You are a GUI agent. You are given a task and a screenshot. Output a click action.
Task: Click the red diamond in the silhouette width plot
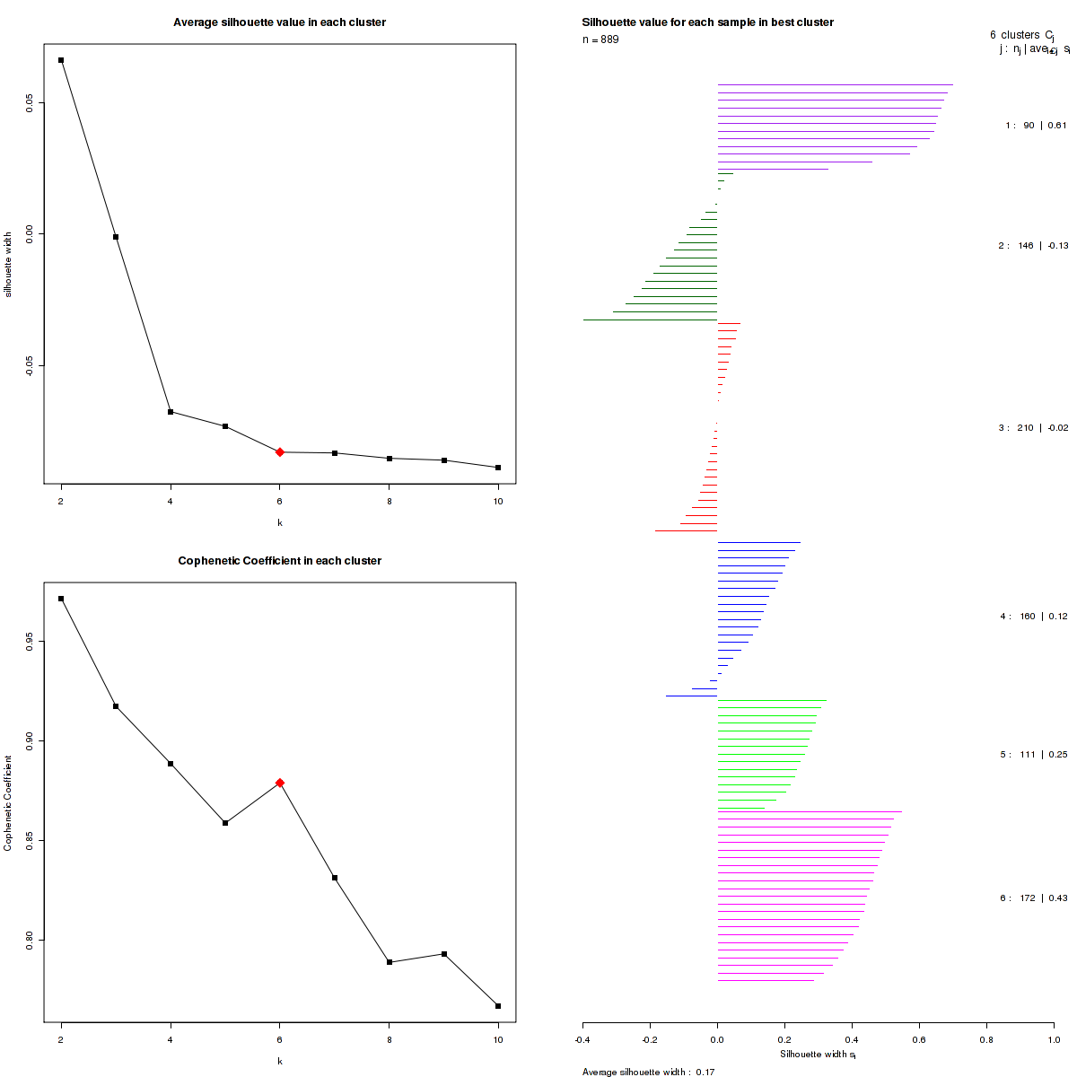pos(280,452)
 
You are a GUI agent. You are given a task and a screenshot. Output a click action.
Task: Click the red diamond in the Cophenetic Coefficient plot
pos(280,783)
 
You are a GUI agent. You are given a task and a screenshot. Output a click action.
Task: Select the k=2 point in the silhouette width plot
pos(61,60)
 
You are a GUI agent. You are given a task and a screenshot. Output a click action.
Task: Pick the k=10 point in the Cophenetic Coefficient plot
pos(498,1006)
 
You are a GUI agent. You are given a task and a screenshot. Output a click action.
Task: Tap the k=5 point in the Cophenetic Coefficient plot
pos(225,823)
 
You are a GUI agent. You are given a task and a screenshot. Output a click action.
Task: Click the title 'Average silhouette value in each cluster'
pos(279,22)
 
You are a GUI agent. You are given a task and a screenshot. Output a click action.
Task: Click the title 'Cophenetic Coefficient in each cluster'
pos(279,561)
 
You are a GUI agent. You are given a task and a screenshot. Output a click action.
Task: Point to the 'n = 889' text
pos(600,39)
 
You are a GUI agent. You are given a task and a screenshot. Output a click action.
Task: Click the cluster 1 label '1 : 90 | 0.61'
pos(1036,126)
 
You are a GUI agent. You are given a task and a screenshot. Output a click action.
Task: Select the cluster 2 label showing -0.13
pos(1033,246)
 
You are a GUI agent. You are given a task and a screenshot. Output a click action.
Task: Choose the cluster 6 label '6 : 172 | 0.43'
pos(1034,898)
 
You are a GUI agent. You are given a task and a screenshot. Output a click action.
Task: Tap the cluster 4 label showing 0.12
pos(1034,617)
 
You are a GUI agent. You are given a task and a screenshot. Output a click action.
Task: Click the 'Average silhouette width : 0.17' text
pos(648,1072)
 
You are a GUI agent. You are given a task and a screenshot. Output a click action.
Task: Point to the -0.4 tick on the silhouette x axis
pos(582,1039)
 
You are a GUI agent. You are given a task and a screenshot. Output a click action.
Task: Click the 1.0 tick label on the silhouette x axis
pos(1054,1039)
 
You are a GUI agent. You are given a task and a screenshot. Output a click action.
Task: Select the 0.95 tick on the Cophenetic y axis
pos(30,642)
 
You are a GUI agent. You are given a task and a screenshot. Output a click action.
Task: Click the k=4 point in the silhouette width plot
pos(171,412)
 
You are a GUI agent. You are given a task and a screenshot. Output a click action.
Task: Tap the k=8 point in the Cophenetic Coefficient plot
pos(389,962)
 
